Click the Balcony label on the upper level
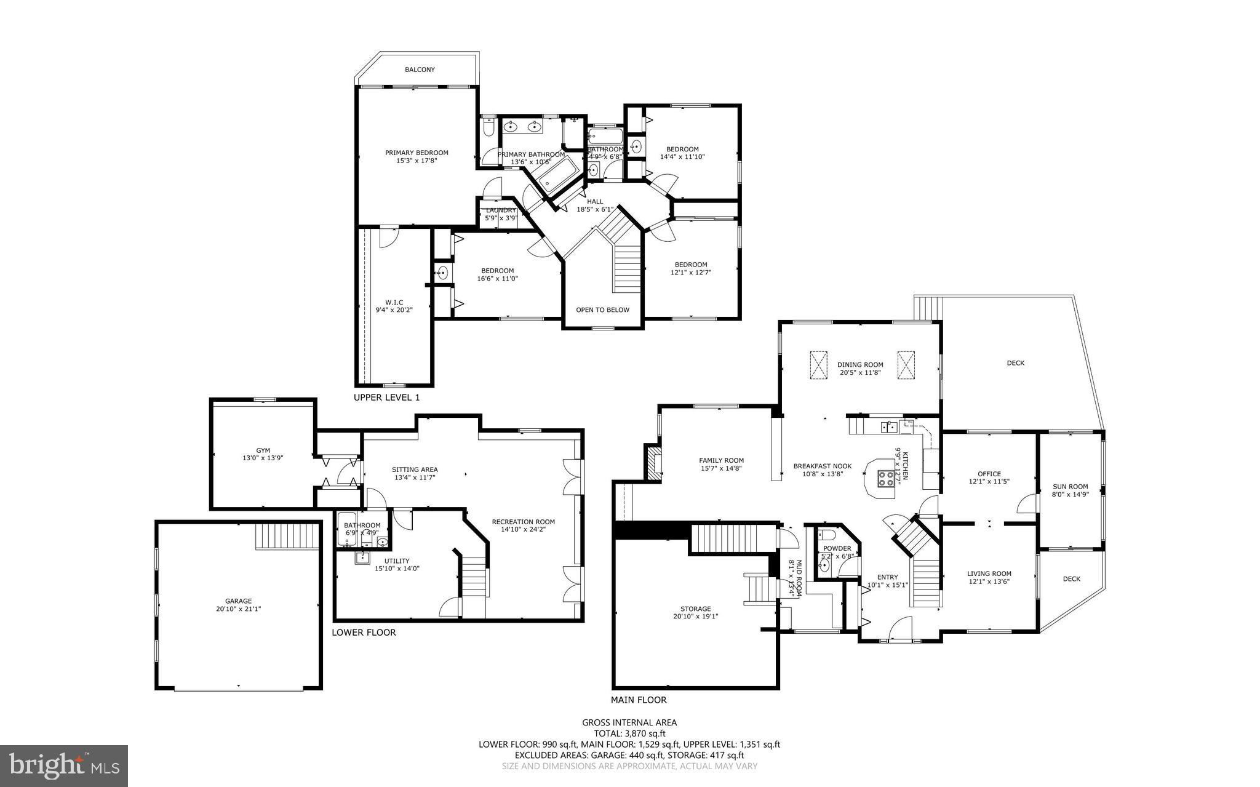point(420,70)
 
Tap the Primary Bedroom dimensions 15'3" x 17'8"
point(417,161)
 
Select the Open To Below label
point(602,310)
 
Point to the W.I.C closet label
point(394,302)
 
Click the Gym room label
point(263,450)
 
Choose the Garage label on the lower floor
point(238,601)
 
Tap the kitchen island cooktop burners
point(887,478)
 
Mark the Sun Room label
point(1070,486)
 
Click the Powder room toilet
point(827,533)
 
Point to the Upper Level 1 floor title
point(386,397)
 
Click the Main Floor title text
point(638,700)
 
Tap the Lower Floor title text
point(364,632)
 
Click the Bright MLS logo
point(64,765)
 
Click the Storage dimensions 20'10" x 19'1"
point(695,616)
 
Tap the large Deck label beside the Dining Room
point(1015,363)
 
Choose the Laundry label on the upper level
point(501,210)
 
